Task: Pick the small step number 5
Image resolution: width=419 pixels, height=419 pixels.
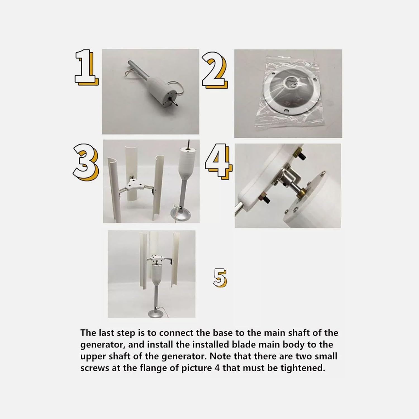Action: pos(220,277)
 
